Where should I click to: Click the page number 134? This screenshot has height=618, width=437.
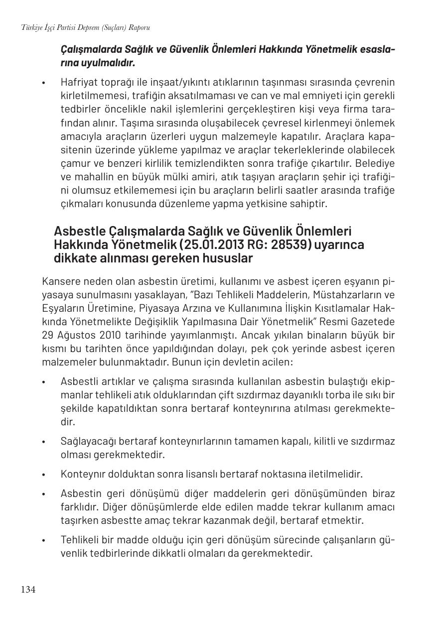[28, 590]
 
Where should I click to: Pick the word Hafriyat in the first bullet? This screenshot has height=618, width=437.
[77, 82]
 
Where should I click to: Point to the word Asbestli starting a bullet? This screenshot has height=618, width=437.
[77, 382]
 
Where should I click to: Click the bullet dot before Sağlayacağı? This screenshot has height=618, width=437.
[44, 442]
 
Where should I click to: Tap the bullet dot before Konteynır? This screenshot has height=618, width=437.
[44, 475]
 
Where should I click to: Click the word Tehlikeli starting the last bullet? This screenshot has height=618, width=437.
[79, 540]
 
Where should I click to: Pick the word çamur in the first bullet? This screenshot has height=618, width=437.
[73, 163]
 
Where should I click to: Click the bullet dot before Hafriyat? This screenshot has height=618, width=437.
[44, 83]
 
